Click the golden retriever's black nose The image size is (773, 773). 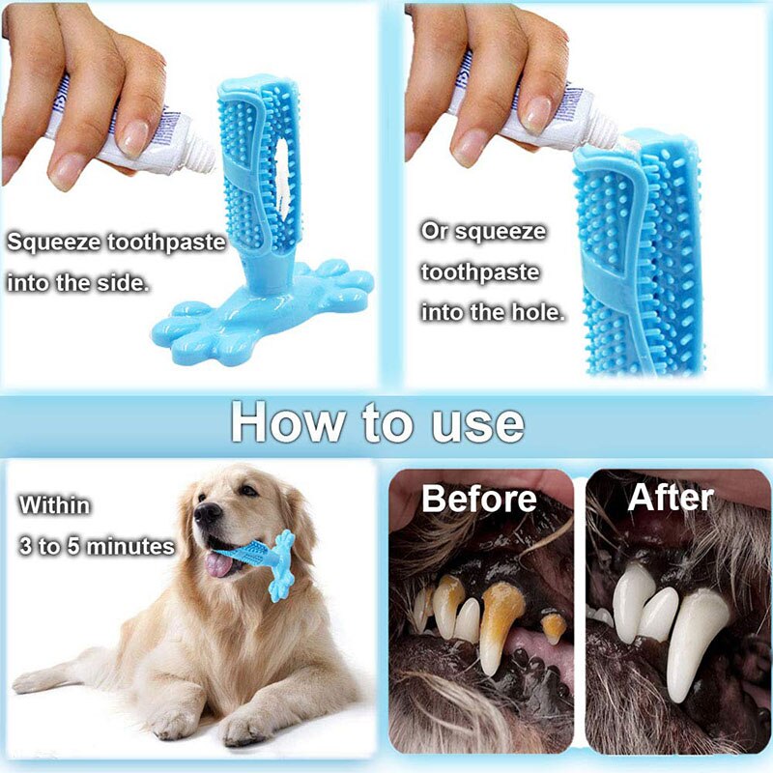click(207, 513)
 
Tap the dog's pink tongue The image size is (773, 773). click(218, 564)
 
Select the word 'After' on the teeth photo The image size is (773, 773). click(671, 497)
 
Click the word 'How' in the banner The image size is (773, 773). click(288, 422)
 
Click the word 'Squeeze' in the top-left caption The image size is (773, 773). click(54, 243)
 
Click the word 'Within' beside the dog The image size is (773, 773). click(55, 504)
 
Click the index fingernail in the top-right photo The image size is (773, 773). click(536, 114)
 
